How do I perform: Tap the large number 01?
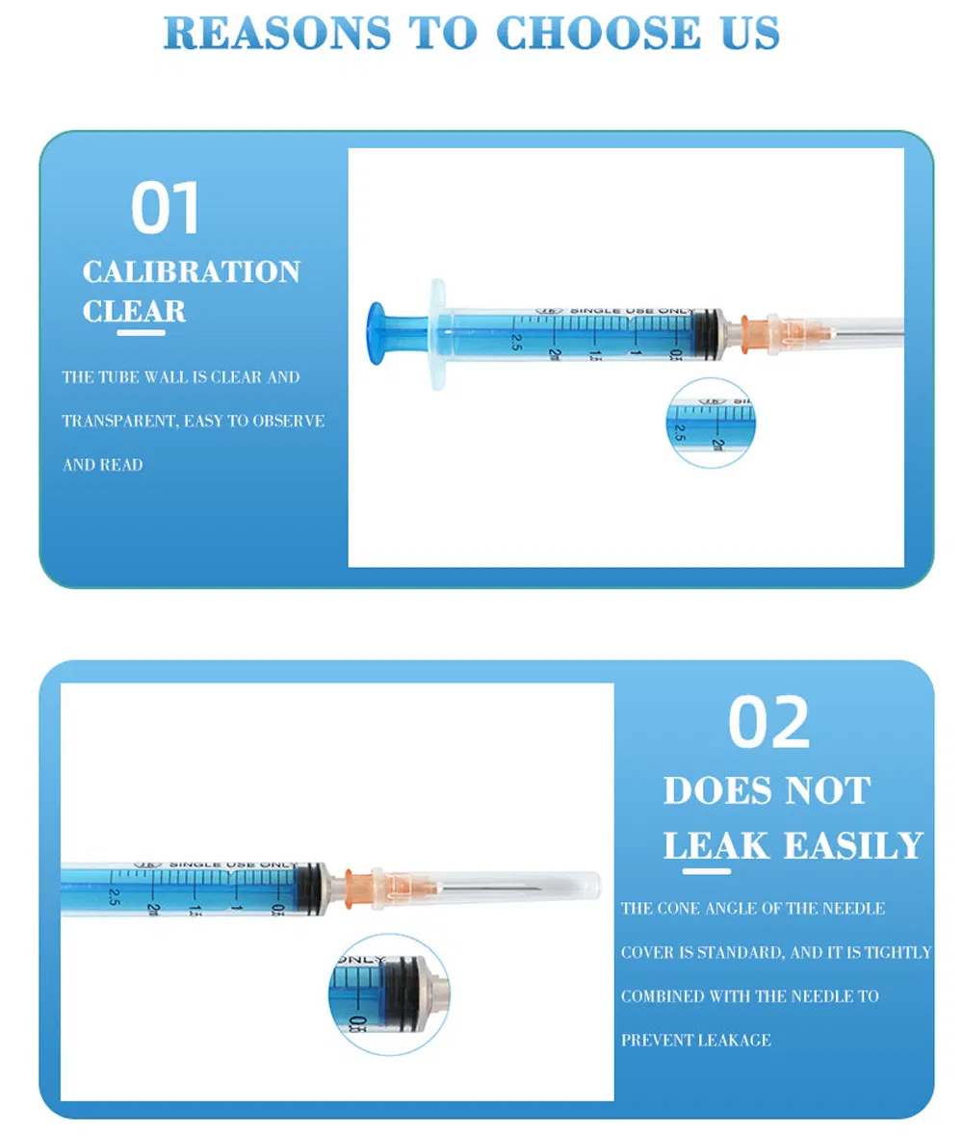click(166, 209)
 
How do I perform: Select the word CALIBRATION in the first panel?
click(191, 272)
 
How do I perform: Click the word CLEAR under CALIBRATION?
click(134, 311)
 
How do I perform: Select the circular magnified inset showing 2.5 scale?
click(711, 423)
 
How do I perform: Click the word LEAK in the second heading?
click(716, 846)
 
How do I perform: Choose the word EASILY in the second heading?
click(853, 846)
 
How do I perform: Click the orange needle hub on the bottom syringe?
click(359, 884)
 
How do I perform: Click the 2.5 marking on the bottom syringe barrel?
click(115, 897)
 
